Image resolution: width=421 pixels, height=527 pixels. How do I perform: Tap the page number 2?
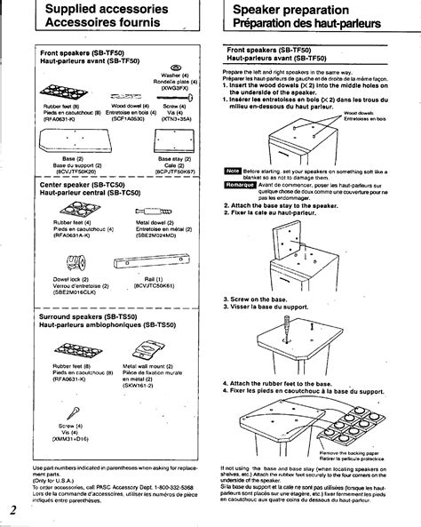click(x=13, y=509)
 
